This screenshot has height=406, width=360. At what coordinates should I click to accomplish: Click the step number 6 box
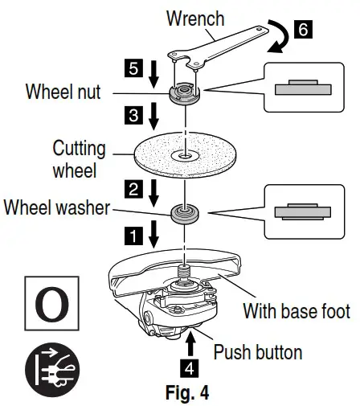point(303,29)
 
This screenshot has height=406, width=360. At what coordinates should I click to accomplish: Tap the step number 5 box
point(133,68)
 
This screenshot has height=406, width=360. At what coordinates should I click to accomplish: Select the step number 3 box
point(133,115)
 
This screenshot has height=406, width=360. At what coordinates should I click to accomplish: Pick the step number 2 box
point(133,189)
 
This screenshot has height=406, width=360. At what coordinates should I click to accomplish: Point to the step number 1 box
point(133,236)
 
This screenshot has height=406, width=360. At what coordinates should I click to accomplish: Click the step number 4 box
point(190,368)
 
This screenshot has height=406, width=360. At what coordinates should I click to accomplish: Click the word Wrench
point(195,18)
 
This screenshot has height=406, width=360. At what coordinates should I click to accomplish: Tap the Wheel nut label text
point(63,92)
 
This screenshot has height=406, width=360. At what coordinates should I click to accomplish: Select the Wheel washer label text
point(57,207)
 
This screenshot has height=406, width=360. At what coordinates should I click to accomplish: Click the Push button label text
point(258,352)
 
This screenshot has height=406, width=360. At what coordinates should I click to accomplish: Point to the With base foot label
point(297,311)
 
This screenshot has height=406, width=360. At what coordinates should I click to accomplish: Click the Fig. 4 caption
point(187,392)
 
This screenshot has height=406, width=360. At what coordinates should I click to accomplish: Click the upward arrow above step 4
point(190,344)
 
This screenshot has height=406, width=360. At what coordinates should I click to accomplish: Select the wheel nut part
point(185,92)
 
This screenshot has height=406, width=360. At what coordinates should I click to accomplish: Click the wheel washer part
point(185,214)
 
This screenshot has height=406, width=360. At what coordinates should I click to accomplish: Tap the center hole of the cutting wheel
point(185,155)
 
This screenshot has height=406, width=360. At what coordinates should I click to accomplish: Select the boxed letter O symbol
point(52,303)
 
